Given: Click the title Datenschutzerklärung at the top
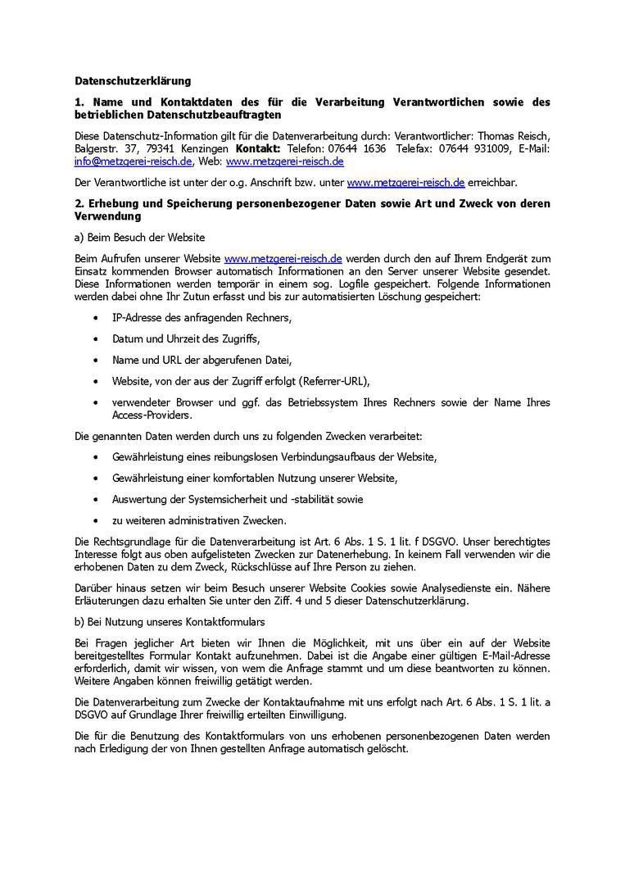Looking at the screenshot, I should click(x=133, y=81).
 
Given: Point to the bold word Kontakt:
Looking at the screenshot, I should click(x=258, y=149).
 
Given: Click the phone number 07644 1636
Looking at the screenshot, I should click(x=362, y=149).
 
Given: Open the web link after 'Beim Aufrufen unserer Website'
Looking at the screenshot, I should click(x=283, y=258).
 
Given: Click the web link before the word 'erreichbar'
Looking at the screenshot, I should click(x=405, y=183).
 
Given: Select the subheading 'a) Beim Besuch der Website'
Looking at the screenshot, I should click(x=140, y=238).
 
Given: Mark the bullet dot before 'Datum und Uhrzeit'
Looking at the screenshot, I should click(x=97, y=338).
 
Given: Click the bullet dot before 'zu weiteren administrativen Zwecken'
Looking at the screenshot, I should click(x=97, y=520).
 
